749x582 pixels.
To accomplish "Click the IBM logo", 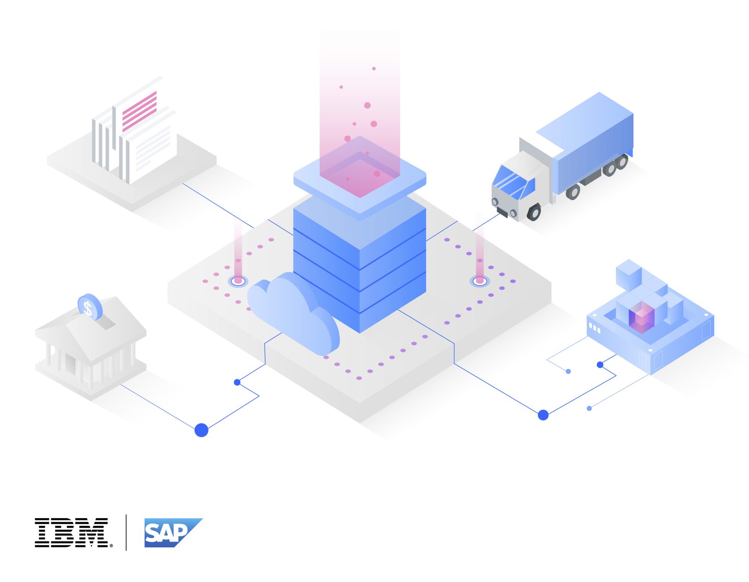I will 72,532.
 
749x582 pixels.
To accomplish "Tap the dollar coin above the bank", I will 89,307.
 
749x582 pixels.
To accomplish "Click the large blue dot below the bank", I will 201,430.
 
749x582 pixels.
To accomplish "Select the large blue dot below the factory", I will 543,415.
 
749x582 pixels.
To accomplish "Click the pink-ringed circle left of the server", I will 238,280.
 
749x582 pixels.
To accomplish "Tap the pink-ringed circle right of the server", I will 480,280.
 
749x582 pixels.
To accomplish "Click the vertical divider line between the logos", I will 126,532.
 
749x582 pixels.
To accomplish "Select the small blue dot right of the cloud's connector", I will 237,382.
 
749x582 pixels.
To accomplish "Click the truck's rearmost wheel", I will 621,162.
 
